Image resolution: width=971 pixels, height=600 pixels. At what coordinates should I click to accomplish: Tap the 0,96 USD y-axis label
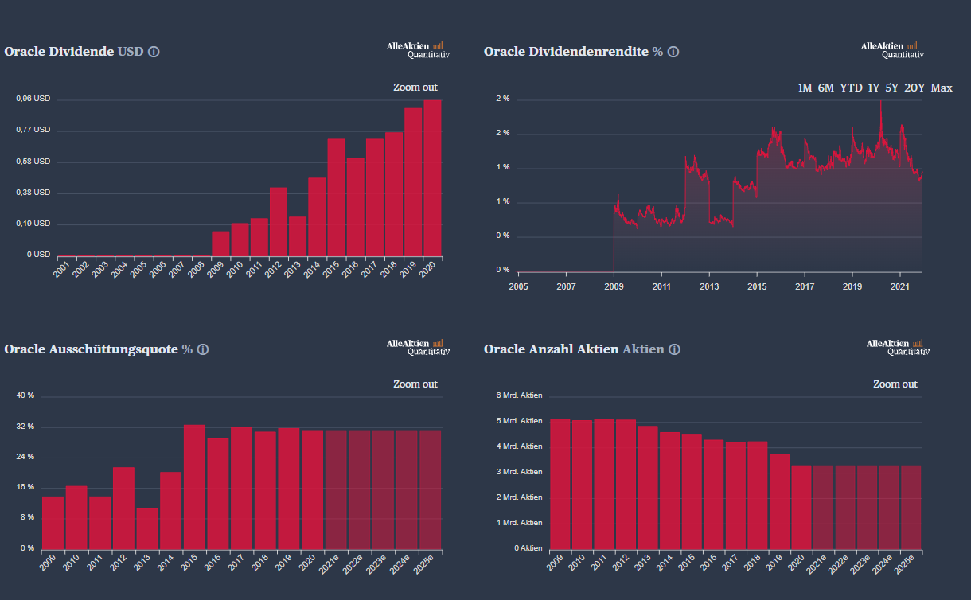pyautogui.click(x=33, y=99)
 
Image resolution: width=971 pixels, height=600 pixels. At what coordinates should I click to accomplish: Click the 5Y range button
pyautogui.click(x=891, y=88)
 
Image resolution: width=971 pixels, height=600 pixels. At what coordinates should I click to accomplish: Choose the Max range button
pyautogui.click(x=942, y=88)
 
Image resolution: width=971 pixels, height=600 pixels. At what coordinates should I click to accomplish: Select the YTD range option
pyautogui.click(x=851, y=88)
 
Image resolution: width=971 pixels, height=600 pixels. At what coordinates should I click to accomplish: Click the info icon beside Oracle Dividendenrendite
pyautogui.click(x=673, y=52)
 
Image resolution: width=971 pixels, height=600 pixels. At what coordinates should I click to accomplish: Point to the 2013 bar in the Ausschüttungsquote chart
pyautogui.click(x=146, y=528)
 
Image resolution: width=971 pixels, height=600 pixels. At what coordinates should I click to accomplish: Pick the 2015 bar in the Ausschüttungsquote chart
pyautogui.click(x=194, y=486)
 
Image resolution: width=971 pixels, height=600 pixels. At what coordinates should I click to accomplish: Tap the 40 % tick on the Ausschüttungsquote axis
pyautogui.click(x=26, y=395)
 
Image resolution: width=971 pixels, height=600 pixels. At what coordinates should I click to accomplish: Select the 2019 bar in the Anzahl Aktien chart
pyautogui.click(x=779, y=501)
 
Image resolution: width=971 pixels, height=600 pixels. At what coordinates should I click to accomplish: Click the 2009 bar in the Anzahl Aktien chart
pyautogui.click(x=560, y=484)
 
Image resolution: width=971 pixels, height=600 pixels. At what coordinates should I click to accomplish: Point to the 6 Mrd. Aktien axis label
pyautogui.click(x=519, y=395)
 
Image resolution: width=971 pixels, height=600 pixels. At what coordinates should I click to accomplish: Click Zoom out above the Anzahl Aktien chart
pyautogui.click(x=895, y=384)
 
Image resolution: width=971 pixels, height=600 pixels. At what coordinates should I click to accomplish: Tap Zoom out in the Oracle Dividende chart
pyautogui.click(x=415, y=88)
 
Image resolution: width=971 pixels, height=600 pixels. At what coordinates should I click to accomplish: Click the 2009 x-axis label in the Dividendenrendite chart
pyautogui.click(x=614, y=286)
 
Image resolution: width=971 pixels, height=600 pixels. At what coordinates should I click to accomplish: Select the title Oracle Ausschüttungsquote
pyautogui.click(x=91, y=349)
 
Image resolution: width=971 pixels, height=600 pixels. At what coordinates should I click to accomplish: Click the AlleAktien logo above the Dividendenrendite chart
pyautogui.click(x=892, y=49)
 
